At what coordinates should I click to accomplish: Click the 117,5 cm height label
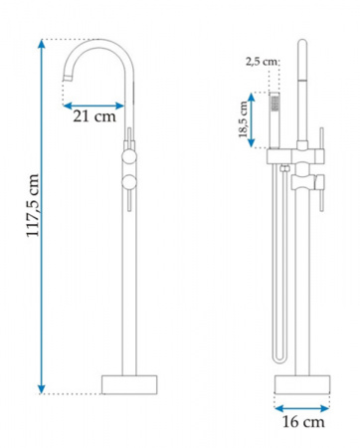(33, 205)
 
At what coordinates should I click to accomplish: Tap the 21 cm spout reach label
(94, 116)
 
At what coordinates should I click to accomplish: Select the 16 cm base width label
(303, 422)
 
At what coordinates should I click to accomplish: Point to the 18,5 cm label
(243, 119)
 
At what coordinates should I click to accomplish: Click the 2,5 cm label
(261, 62)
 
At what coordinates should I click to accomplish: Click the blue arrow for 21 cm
(93, 106)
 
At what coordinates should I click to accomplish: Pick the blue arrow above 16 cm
(302, 408)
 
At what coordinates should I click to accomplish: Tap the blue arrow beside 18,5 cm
(252, 119)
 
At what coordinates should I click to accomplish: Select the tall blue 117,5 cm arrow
(42, 216)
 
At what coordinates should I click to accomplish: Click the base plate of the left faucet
(129, 385)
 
